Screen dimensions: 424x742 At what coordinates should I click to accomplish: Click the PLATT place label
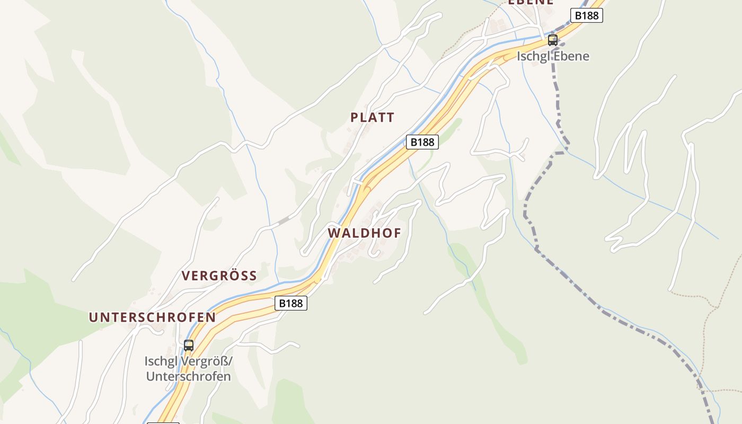(x=372, y=118)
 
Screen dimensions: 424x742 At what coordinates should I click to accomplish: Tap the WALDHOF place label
(x=364, y=233)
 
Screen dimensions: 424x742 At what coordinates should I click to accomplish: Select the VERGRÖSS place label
(x=219, y=276)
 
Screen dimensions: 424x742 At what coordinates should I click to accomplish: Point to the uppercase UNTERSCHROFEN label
(x=152, y=317)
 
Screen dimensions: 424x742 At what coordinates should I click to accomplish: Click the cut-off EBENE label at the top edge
(x=531, y=2)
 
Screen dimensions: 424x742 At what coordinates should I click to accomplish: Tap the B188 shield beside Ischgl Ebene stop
(x=586, y=15)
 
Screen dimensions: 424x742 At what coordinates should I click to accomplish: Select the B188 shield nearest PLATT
(x=422, y=142)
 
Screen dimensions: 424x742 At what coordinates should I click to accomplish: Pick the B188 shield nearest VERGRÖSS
(x=290, y=303)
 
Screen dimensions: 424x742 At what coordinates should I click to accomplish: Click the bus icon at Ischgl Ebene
(x=553, y=40)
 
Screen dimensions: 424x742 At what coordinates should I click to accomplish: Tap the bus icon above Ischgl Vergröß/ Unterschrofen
(x=189, y=346)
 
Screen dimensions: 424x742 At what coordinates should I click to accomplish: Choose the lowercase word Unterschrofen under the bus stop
(x=188, y=377)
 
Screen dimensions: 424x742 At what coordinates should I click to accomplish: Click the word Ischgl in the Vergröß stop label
(x=161, y=361)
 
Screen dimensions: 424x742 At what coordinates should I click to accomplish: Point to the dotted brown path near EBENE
(x=464, y=40)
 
